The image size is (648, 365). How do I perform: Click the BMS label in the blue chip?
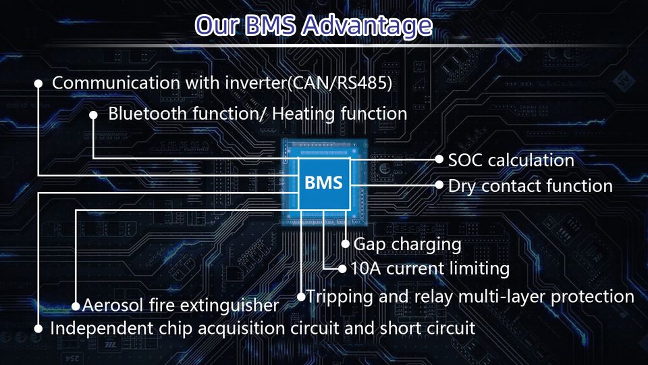(323, 182)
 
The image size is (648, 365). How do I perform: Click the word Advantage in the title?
(367, 26)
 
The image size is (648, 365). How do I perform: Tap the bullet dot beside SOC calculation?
(439, 159)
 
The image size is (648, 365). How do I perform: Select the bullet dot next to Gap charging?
(346, 244)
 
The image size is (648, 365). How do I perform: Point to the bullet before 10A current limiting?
(342, 269)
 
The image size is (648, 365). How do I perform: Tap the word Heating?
(303, 114)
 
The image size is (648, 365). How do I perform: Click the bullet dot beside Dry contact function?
(439, 185)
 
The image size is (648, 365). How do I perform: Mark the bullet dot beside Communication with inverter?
(38, 84)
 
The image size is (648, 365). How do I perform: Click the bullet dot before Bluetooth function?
(93, 115)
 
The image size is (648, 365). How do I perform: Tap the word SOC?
(466, 161)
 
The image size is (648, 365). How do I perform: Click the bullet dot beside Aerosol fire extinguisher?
(76, 306)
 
